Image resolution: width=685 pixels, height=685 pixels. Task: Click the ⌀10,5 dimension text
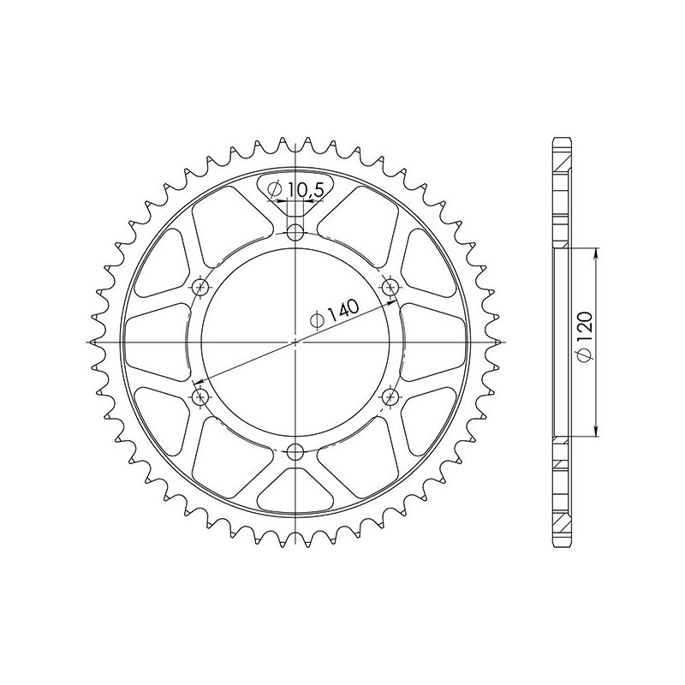tap(295, 190)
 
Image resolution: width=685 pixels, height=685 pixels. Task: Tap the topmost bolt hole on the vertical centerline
tap(295, 231)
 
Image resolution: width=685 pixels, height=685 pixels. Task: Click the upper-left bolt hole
tap(201, 286)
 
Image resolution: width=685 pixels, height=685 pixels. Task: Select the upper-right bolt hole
tap(390, 286)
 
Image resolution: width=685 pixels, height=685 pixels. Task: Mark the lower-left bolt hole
tap(201, 396)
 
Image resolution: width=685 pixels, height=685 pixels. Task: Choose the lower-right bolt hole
tap(390, 396)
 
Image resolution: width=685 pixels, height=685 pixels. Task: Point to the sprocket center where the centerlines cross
tap(295, 342)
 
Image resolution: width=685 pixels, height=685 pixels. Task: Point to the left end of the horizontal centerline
tap(88, 342)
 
